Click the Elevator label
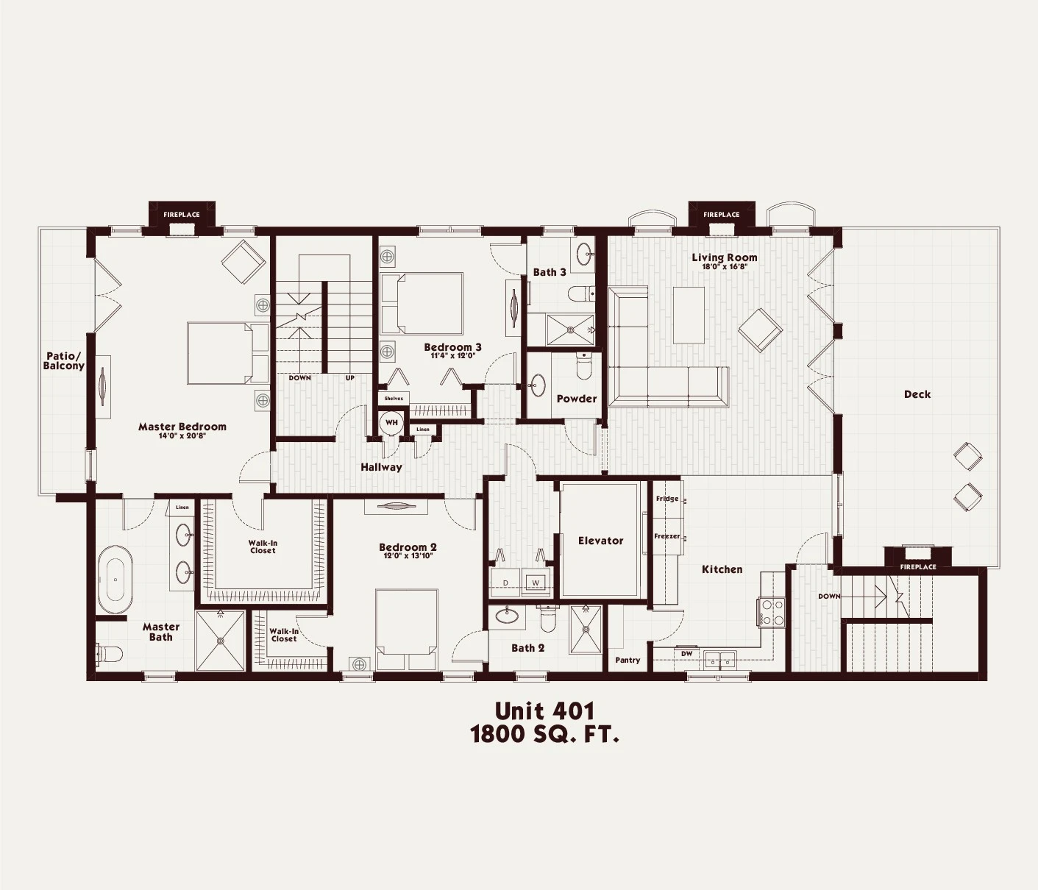tap(600, 541)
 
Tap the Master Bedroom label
tap(182, 427)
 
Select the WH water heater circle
tap(391, 423)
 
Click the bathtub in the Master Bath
tap(115, 580)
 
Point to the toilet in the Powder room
tap(584, 366)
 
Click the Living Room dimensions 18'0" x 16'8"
tap(724, 267)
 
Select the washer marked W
tap(536, 583)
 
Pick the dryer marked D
tap(505, 583)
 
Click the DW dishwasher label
tap(686, 653)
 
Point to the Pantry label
tap(628, 660)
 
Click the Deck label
tap(917, 394)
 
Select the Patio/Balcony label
tap(63, 360)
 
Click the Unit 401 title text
tap(544, 711)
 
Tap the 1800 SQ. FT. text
tap(544, 734)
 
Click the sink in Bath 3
tap(584, 254)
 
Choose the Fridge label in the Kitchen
tap(667, 499)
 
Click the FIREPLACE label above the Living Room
tap(721, 215)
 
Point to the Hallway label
tap(381, 467)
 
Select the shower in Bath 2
tap(586, 629)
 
